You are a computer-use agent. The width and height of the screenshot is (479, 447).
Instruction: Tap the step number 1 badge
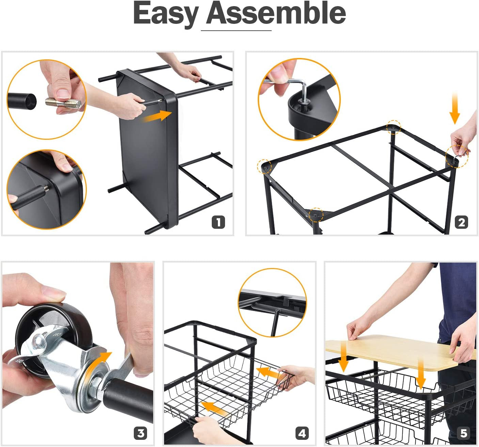pyautogui.click(x=218, y=222)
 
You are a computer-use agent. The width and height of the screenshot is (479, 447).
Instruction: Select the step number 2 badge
pyautogui.click(x=461, y=222)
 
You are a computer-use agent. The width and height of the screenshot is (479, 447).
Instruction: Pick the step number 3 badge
pyautogui.click(x=140, y=433)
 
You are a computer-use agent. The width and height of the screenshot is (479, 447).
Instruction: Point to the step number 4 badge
pyautogui.click(x=302, y=433)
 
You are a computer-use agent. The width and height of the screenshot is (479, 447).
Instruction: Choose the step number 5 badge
pyautogui.click(x=464, y=433)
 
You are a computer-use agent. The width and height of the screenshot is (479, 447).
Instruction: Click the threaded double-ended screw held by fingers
pyautogui.click(x=63, y=103)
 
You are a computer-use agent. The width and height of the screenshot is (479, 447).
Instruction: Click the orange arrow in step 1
pyautogui.click(x=157, y=116)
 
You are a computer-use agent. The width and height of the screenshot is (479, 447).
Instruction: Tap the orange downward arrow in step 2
pyautogui.click(x=455, y=109)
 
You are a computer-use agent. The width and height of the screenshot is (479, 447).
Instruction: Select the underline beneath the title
pyautogui.click(x=236, y=31)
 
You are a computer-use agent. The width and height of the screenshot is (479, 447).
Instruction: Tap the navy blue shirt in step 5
pyautogui.click(x=457, y=302)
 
